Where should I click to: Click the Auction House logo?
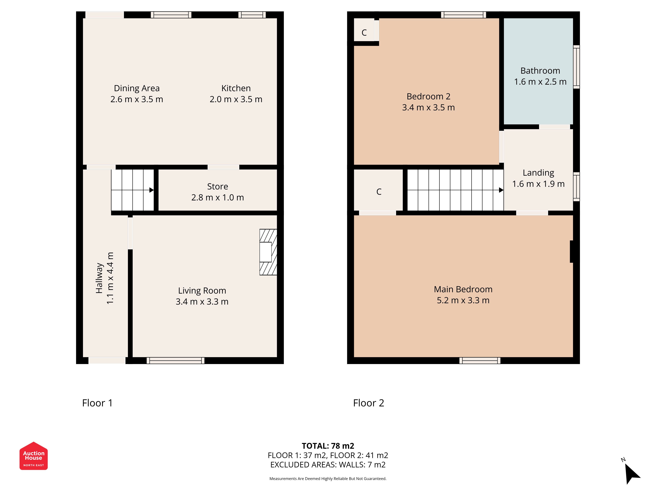click(33, 456)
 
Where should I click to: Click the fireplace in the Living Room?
click(268, 252)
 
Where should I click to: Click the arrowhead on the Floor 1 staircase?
click(151, 190)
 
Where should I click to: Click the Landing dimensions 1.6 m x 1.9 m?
click(538, 184)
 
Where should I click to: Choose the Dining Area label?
click(137, 88)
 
